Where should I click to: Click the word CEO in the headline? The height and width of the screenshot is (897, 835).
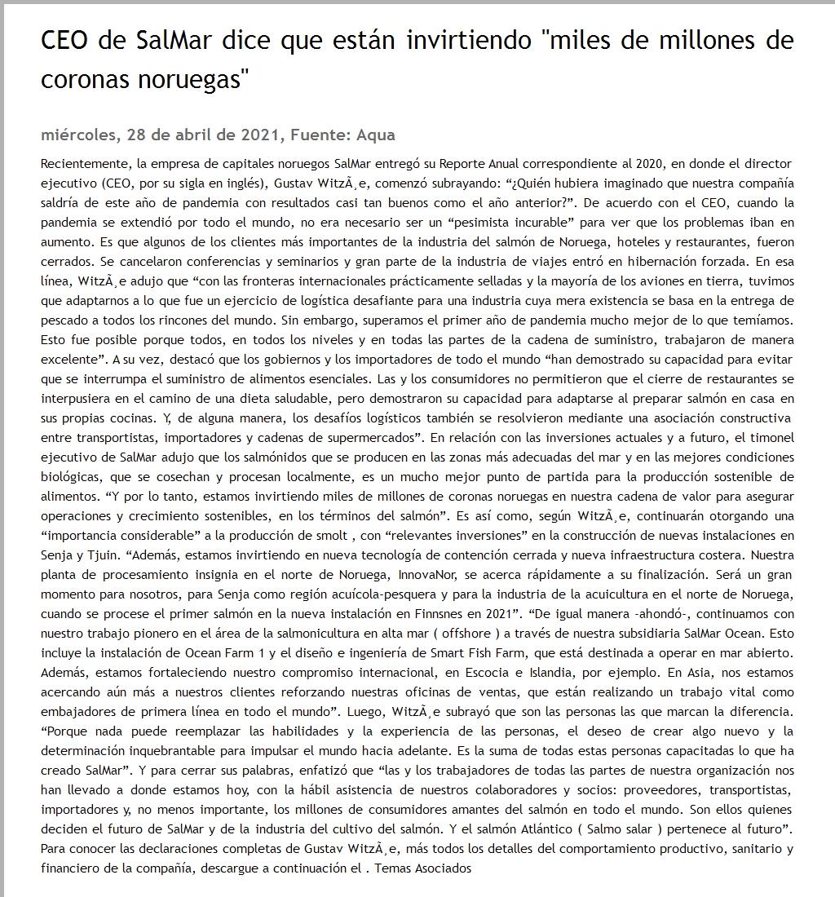tap(65, 40)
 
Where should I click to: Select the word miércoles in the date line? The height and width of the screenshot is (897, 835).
tap(77, 135)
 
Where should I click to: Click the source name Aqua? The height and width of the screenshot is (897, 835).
tap(377, 135)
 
